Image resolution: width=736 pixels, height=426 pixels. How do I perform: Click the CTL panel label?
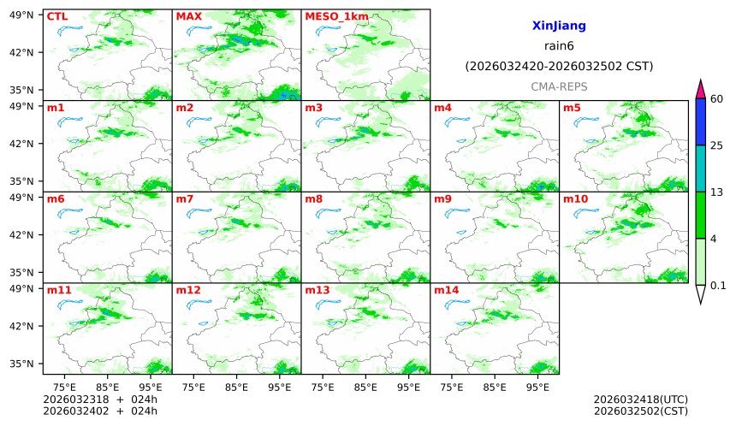point(56,16)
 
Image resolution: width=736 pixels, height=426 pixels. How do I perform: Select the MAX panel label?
point(188,16)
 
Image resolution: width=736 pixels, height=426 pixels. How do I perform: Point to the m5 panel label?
point(572,108)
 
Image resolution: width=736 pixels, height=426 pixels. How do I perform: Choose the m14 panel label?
point(446,290)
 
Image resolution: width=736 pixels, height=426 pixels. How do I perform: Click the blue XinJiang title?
point(559,27)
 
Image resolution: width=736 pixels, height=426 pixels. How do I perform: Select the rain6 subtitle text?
point(559,46)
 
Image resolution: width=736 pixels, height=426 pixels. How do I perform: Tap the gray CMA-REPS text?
point(559,86)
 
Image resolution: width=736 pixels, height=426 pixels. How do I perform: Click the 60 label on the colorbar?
point(717,99)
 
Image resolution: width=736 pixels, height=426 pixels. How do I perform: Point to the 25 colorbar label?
point(717,145)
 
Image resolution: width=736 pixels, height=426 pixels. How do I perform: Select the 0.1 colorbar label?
point(718,286)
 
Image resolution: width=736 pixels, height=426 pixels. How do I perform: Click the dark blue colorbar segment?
point(700,121)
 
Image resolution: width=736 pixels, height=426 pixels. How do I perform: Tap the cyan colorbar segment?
point(700,168)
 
